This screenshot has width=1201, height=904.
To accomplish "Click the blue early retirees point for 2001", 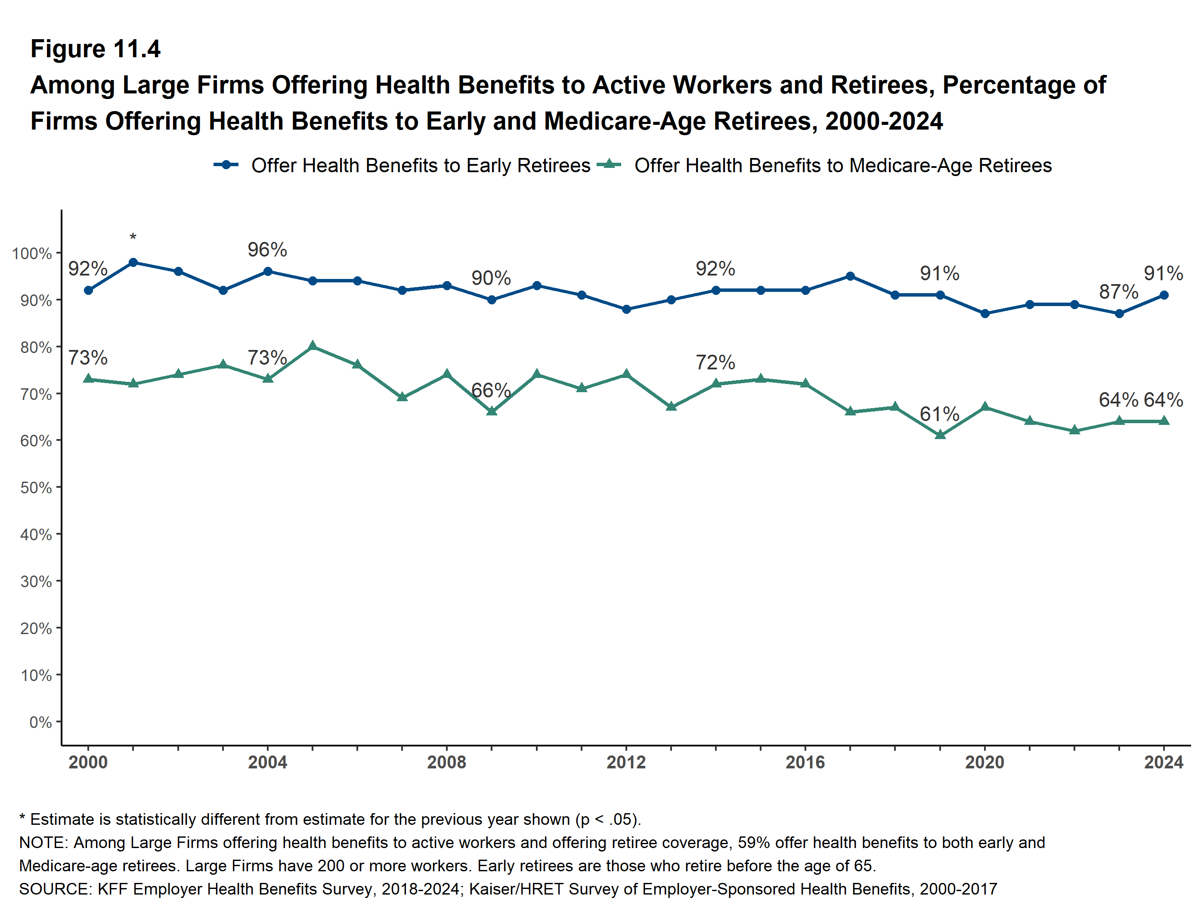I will pos(133,262).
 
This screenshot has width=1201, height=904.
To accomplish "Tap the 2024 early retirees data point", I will pos(1164,295).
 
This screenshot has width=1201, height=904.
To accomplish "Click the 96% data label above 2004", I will pos(267,250).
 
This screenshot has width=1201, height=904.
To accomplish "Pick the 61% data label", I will pos(939,414).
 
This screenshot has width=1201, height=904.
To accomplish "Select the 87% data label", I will pos(1118,292).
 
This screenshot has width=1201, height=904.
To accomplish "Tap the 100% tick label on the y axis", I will pos(32,254).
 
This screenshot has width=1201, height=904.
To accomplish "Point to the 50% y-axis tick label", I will pos(36,488).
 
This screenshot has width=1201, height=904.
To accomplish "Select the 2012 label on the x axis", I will pos(626,762).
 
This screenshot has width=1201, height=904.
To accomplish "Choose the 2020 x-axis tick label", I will pos(984,762).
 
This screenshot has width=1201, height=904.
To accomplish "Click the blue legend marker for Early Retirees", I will pos(226,164).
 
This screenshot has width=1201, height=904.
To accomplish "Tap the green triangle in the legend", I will pos(609,164).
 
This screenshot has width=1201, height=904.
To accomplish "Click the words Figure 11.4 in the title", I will pos(96,49).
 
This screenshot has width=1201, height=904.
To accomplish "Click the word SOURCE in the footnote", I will pos(54,889).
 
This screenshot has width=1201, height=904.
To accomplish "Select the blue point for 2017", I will pos(850,276).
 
